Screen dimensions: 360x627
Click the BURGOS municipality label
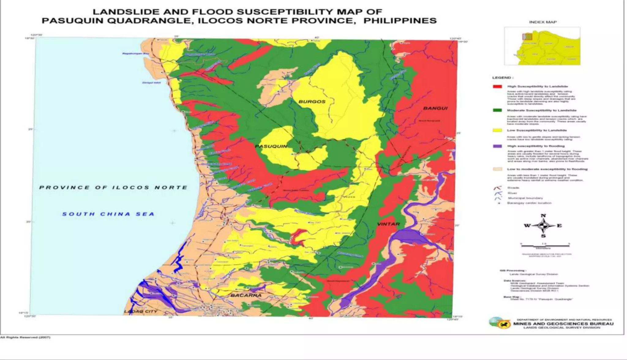[312, 102]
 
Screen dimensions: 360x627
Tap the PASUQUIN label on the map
[271, 146]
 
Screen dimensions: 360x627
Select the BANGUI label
[435, 108]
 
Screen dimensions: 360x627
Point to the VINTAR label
[388, 224]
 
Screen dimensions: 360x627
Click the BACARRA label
[246, 295]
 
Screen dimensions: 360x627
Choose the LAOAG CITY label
[141, 312]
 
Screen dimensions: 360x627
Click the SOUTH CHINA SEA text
[108, 214]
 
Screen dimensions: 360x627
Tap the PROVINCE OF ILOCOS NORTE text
[113, 188]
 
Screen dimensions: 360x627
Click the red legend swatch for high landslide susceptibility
[497, 87]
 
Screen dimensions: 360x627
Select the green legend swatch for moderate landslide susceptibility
[497, 110]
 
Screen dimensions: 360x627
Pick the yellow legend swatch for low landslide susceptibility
[497, 131]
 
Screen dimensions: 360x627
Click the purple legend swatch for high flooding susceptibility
[497, 146]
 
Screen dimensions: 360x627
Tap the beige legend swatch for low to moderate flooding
[497, 169]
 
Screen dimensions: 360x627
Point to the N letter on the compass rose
[543, 216]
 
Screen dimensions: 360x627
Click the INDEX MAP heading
[543, 22]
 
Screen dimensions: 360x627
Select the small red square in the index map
[527, 37]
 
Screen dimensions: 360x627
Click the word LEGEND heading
[501, 78]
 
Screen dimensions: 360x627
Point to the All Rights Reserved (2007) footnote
[25, 337]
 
